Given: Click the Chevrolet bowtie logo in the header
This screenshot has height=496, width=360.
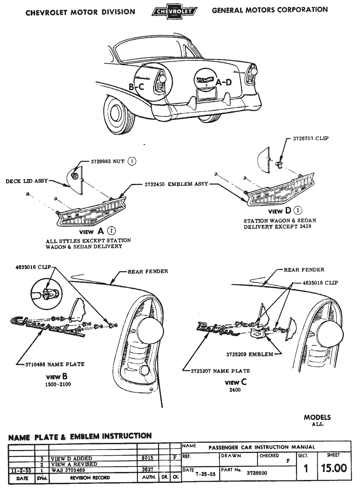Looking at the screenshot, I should point(174,12).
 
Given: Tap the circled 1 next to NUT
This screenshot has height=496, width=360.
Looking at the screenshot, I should point(132,161).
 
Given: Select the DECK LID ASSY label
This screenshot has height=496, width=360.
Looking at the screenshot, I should point(27,181).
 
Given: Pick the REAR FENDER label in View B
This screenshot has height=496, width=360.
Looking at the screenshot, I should point(148,272).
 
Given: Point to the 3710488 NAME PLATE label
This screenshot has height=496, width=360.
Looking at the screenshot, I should point(55,364).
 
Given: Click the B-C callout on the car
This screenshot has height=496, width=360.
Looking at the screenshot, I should point(136,86).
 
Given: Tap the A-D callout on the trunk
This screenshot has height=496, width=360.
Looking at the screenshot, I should point(223,83).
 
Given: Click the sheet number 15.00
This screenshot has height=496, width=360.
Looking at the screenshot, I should point(334,468).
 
